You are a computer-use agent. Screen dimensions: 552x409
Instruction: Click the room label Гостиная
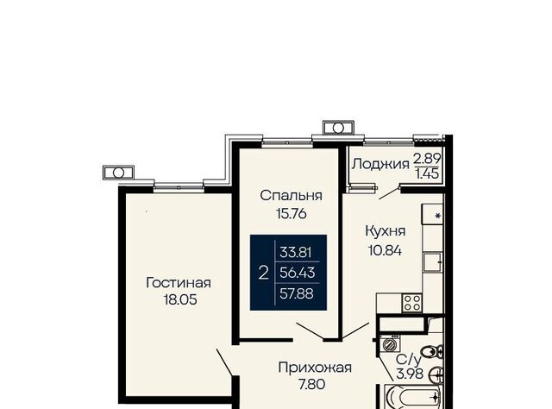click(179, 283)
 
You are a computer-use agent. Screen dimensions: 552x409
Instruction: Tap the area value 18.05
click(180, 299)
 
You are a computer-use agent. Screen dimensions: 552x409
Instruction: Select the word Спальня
click(292, 196)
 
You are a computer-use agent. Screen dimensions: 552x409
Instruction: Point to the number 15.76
click(292, 213)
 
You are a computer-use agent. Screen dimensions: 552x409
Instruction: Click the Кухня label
click(386, 231)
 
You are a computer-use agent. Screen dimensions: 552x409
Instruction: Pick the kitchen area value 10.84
click(385, 250)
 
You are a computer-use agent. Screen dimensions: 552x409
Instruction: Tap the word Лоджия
click(380, 164)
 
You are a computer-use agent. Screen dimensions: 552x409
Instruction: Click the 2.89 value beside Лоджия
click(427, 159)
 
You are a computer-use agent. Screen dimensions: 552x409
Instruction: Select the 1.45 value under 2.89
click(427, 173)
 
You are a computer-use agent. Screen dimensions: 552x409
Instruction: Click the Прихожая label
click(315, 368)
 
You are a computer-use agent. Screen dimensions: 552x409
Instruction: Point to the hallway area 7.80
click(312, 384)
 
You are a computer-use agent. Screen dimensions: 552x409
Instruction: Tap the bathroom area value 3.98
click(410, 374)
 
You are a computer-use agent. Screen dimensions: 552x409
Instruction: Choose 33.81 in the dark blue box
click(296, 252)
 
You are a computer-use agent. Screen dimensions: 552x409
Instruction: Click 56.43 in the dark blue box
click(297, 273)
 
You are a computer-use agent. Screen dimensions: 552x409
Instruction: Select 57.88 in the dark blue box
click(297, 293)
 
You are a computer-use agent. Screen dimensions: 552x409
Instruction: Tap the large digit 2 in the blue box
click(263, 273)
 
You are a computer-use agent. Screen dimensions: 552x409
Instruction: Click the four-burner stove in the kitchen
click(412, 303)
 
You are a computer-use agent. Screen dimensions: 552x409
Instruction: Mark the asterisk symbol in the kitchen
click(438, 216)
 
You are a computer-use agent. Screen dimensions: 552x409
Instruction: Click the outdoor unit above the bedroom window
click(338, 128)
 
